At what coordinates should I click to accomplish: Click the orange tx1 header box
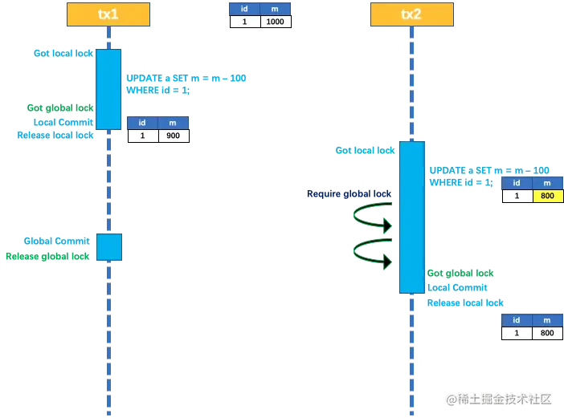108,14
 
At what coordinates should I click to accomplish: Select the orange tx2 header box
411,14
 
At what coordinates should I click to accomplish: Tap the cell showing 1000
275,22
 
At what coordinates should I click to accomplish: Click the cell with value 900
174,136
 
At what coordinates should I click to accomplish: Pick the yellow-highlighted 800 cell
548,196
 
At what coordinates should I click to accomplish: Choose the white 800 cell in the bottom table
548,333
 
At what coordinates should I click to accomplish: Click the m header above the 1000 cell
275,9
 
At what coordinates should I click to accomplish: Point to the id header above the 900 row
142,123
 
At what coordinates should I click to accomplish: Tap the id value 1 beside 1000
244,22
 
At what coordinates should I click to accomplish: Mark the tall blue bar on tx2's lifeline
411,217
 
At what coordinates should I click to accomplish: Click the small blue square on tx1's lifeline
109,246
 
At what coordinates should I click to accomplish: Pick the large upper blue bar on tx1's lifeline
108,88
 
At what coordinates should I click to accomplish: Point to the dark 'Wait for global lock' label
347,193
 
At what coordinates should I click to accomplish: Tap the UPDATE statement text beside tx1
186,78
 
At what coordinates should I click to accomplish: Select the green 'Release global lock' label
47,256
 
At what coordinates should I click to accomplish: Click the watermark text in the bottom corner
499,398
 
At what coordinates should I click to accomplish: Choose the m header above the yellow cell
548,183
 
